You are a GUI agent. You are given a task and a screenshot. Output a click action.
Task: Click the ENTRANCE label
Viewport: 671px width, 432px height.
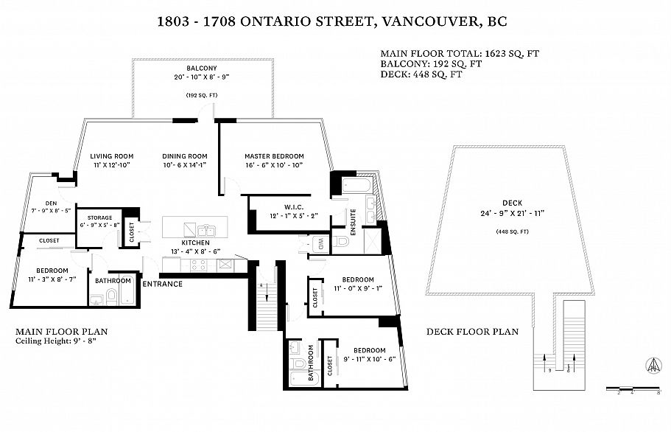click(x=162, y=284)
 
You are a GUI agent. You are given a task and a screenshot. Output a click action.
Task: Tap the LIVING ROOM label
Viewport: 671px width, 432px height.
click(x=112, y=156)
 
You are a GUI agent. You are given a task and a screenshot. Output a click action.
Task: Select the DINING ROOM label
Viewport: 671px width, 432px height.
click(x=185, y=156)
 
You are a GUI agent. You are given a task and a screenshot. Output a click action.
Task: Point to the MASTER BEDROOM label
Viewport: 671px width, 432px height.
click(x=274, y=156)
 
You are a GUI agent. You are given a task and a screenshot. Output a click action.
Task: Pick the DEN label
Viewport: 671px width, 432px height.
click(x=52, y=203)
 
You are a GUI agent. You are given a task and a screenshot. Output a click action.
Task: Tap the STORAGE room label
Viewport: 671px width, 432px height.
click(x=99, y=217)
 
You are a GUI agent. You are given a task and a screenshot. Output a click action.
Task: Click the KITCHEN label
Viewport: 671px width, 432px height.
click(x=196, y=243)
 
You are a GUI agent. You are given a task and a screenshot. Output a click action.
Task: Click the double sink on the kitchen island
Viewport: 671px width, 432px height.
click(x=197, y=228)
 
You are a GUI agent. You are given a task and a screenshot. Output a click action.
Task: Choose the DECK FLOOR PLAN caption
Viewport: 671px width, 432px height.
click(x=472, y=332)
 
